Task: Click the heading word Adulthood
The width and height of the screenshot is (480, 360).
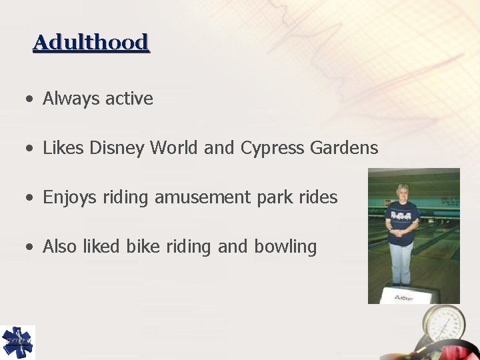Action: click(91, 43)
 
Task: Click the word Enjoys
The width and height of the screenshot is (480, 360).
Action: click(70, 198)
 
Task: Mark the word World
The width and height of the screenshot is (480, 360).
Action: click(175, 148)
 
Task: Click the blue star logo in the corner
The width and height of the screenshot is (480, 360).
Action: click(17, 342)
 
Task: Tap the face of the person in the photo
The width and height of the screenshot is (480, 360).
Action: click(403, 192)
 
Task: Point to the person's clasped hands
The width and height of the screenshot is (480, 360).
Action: click(402, 234)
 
